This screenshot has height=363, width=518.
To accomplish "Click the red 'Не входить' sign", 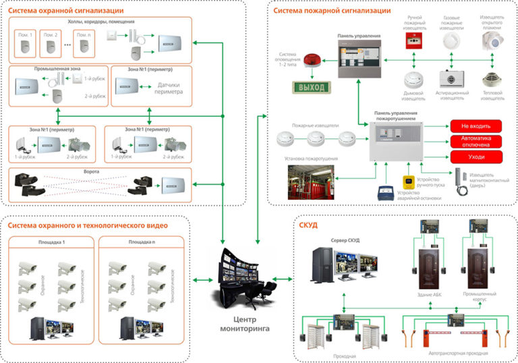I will coord(476,125).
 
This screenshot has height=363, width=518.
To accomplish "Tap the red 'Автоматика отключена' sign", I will coord(476,142).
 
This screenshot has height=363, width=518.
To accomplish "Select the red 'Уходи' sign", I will coord(476,157).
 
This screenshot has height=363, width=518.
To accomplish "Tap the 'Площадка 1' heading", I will coord(49,241).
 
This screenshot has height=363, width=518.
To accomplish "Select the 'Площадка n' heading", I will coord(142,241).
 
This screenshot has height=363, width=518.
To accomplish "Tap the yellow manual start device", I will coord(409,183).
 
